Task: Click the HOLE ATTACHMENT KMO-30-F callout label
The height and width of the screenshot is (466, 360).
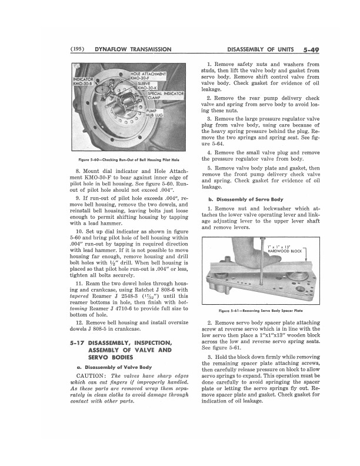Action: click(149, 75)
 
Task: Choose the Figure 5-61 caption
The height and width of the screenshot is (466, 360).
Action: click(260, 310)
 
